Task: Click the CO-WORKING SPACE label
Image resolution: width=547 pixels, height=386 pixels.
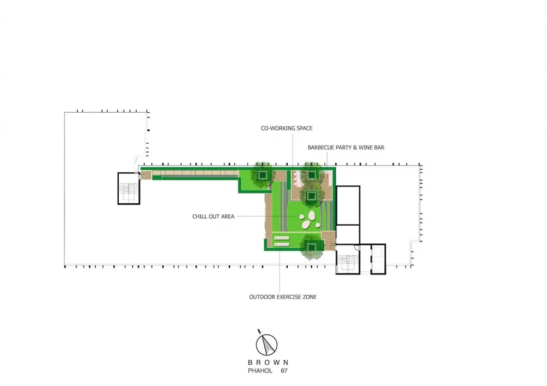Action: click(x=287, y=128)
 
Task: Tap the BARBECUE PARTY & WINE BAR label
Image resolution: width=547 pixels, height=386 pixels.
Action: click(x=346, y=148)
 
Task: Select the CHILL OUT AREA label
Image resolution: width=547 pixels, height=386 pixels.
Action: click(x=213, y=217)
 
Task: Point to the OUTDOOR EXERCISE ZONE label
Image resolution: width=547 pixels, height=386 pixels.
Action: click(x=283, y=297)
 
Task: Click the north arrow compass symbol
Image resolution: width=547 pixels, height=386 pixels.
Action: click(x=266, y=344)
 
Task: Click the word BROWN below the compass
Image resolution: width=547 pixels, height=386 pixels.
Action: click(x=268, y=362)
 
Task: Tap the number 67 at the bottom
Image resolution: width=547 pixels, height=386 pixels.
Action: click(x=284, y=371)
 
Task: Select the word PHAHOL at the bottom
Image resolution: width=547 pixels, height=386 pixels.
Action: click(x=260, y=371)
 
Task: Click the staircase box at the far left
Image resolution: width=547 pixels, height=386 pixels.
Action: click(x=129, y=188)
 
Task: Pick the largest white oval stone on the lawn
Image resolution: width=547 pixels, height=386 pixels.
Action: click(x=307, y=225)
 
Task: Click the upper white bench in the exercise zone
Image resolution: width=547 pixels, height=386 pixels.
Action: click(x=282, y=238)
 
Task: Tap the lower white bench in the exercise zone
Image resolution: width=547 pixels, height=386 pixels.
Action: click(x=282, y=245)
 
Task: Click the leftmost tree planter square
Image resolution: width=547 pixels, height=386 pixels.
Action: click(x=263, y=174)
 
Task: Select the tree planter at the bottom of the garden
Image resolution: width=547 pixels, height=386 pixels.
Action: click(x=312, y=248)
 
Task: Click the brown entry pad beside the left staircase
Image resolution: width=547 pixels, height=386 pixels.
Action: click(x=146, y=175)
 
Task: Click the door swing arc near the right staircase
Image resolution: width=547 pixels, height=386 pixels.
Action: click(x=357, y=248)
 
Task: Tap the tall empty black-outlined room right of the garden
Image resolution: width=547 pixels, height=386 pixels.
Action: click(x=348, y=206)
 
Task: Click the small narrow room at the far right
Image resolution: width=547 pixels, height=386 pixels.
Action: click(x=378, y=259)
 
